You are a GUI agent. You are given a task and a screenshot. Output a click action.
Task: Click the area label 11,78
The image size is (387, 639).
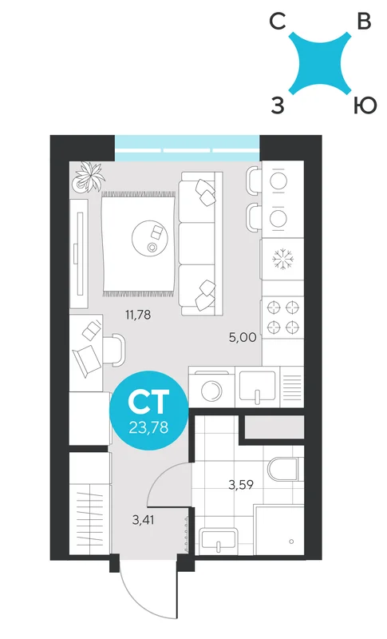pos(138,315)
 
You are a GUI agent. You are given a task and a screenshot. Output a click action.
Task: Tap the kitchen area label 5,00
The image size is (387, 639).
pos(243,337)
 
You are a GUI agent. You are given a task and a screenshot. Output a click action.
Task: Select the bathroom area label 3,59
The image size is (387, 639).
pos(241,485)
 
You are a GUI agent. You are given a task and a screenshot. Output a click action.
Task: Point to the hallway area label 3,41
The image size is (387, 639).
pos(143,520)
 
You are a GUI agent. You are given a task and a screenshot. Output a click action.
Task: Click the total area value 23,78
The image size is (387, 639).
pos(148,427)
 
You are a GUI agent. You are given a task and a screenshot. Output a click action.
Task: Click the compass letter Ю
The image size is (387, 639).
pos(364,106)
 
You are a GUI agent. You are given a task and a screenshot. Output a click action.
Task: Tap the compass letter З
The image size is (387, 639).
pos(278,106)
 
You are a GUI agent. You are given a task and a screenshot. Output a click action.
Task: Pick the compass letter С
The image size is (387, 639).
pos(278,22)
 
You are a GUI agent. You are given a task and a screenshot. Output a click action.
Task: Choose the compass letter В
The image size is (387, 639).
pos(364,22)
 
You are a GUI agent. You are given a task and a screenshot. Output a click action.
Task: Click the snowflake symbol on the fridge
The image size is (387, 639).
pos(282,259)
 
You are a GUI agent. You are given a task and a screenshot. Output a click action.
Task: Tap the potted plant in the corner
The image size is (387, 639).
pos(89,177)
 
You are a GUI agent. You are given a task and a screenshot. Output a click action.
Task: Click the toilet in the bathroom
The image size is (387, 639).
pos(283,469)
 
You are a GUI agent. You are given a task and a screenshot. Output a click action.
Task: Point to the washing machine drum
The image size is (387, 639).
pos(211,391)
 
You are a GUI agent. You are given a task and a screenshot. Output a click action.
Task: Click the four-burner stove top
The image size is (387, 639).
pos(282,317)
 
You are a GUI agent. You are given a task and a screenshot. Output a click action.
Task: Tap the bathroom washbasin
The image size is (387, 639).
pos(219,539)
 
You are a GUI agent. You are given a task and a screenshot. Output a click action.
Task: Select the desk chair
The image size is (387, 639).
pos(114,349)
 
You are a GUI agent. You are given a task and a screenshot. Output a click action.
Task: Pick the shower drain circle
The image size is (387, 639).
pos(291,542)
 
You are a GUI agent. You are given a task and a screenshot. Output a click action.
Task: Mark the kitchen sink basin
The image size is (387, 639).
pos(258,386)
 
